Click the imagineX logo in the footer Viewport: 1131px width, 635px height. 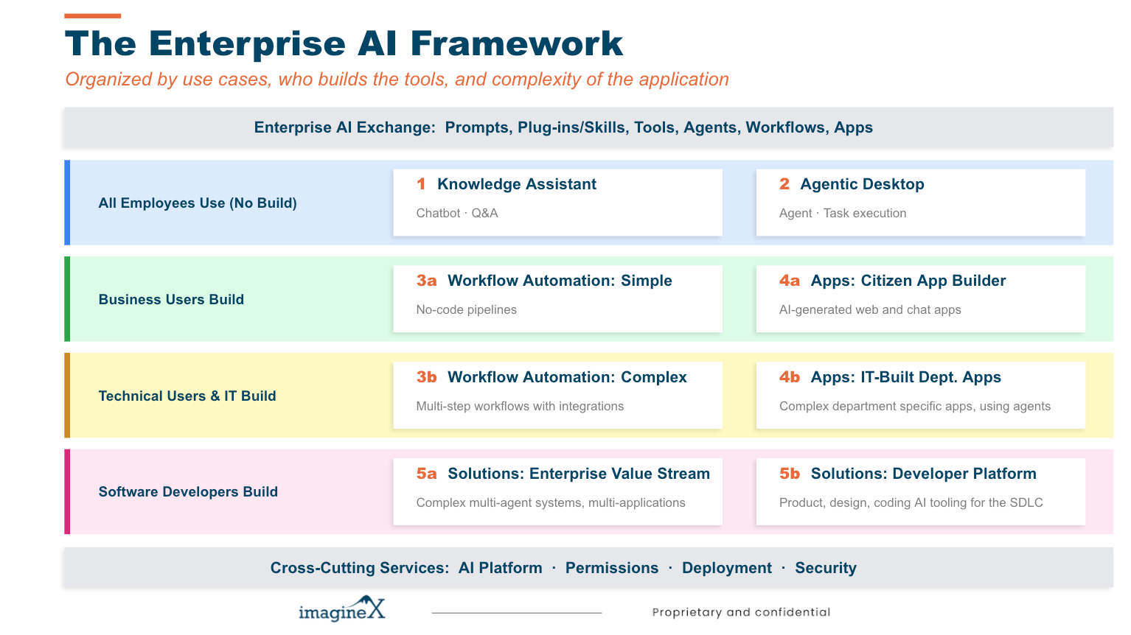pyautogui.click(x=341, y=610)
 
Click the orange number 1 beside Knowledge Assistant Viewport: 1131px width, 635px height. pyautogui.click(x=421, y=184)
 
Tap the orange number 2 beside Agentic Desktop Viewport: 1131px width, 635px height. pyautogui.click(x=784, y=184)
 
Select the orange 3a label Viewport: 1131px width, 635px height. pyautogui.click(x=426, y=281)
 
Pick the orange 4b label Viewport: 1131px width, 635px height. pyautogui.click(x=790, y=377)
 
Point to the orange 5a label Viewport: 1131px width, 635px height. pyautogui.click(x=426, y=474)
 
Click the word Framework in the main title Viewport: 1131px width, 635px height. pyautogui.click(x=517, y=43)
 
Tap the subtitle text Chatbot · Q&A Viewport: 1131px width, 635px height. pyautogui.click(x=457, y=213)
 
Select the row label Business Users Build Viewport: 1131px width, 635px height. pyautogui.click(x=171, y=300)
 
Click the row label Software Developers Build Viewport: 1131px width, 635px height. pyautogui.click(x=188, y=492)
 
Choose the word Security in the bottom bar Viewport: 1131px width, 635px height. pyautogui.click(x=826, y=568)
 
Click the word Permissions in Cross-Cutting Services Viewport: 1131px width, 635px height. pyautogui.click(x=612, y=568)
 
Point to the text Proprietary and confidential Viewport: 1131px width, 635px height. pyautogui.click(x=741, y=612)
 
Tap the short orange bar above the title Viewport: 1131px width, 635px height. pyautogui.click(x=93, y=15)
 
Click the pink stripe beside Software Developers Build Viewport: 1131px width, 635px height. pyautogui.click(x=67, y=491)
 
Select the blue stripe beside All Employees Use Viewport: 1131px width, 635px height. pyautogui.click(x=67, y=203)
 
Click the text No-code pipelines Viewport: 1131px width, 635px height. pyautogui.click(x=466, y=309)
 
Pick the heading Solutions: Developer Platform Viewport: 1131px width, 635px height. pyautogui.click(x=923, y=474)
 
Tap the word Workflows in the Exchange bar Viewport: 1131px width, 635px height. pyautogui.click(x=785, y=127)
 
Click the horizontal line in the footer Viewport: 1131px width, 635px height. pyautogui.click(x=516, y=612)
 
